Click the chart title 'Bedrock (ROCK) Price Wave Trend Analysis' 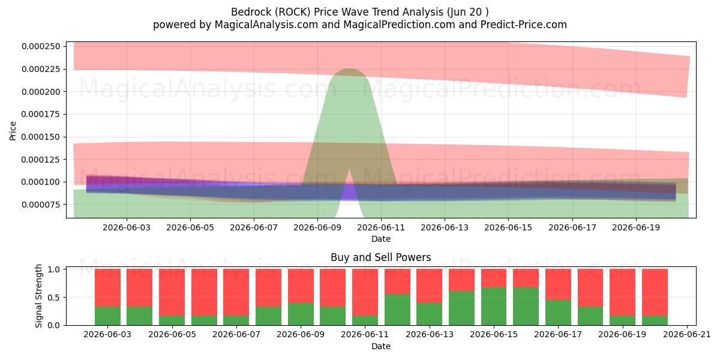coord(337,12)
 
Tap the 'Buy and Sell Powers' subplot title coord(381,257)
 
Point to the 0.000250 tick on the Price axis coord(41,46)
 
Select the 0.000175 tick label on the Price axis coord(41,114)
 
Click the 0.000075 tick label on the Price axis coord(41,205)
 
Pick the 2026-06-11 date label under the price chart coord(381,227)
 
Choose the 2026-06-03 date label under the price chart coord(127,227)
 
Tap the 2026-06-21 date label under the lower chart coord(687,335)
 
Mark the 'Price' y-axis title coord(13,131)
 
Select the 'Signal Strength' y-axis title coord(38,296)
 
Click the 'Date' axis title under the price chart coord(381,239)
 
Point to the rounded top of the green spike coord(349,70)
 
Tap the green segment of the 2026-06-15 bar coord(494,307)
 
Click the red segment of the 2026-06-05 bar coord(172,292)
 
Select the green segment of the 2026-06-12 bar coord(397,310)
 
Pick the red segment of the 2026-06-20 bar coord(655,292)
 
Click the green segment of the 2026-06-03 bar coord(107,316)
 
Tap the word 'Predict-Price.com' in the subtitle coord(524,25)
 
